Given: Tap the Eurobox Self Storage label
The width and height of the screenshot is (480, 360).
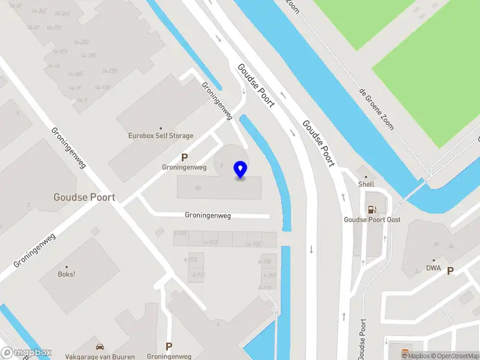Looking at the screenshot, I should tap(161, 136).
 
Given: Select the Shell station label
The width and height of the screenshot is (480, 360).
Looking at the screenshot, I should tap(366, 184).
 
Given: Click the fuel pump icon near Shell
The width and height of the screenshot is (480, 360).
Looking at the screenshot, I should tap(372, 209).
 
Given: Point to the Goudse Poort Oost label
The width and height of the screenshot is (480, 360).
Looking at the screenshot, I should tap(372, 220).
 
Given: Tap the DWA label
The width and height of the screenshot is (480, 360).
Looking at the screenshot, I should tap(433, 268).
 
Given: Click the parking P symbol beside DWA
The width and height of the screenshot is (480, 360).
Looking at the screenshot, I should tap(450, 271).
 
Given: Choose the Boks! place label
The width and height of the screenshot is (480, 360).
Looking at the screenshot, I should tap(66, 275).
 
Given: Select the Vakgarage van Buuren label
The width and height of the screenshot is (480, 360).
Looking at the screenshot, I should tap(100, 356).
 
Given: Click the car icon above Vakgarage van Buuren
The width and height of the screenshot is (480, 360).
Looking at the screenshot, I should tap(100, 347).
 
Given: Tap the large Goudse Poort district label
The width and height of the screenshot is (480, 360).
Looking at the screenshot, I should tap(84, 197).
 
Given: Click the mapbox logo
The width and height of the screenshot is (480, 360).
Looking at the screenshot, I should tap(26, 353).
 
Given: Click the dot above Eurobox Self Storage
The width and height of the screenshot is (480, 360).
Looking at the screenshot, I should tap(161, 128).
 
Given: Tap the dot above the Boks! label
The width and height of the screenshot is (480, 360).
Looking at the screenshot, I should tap(67, 267).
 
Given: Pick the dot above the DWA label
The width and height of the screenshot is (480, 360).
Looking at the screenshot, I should tap(433, 260).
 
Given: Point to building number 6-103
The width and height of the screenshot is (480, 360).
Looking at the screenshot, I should tap(211, 242).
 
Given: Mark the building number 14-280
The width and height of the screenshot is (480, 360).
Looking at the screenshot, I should tap(109, 71).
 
